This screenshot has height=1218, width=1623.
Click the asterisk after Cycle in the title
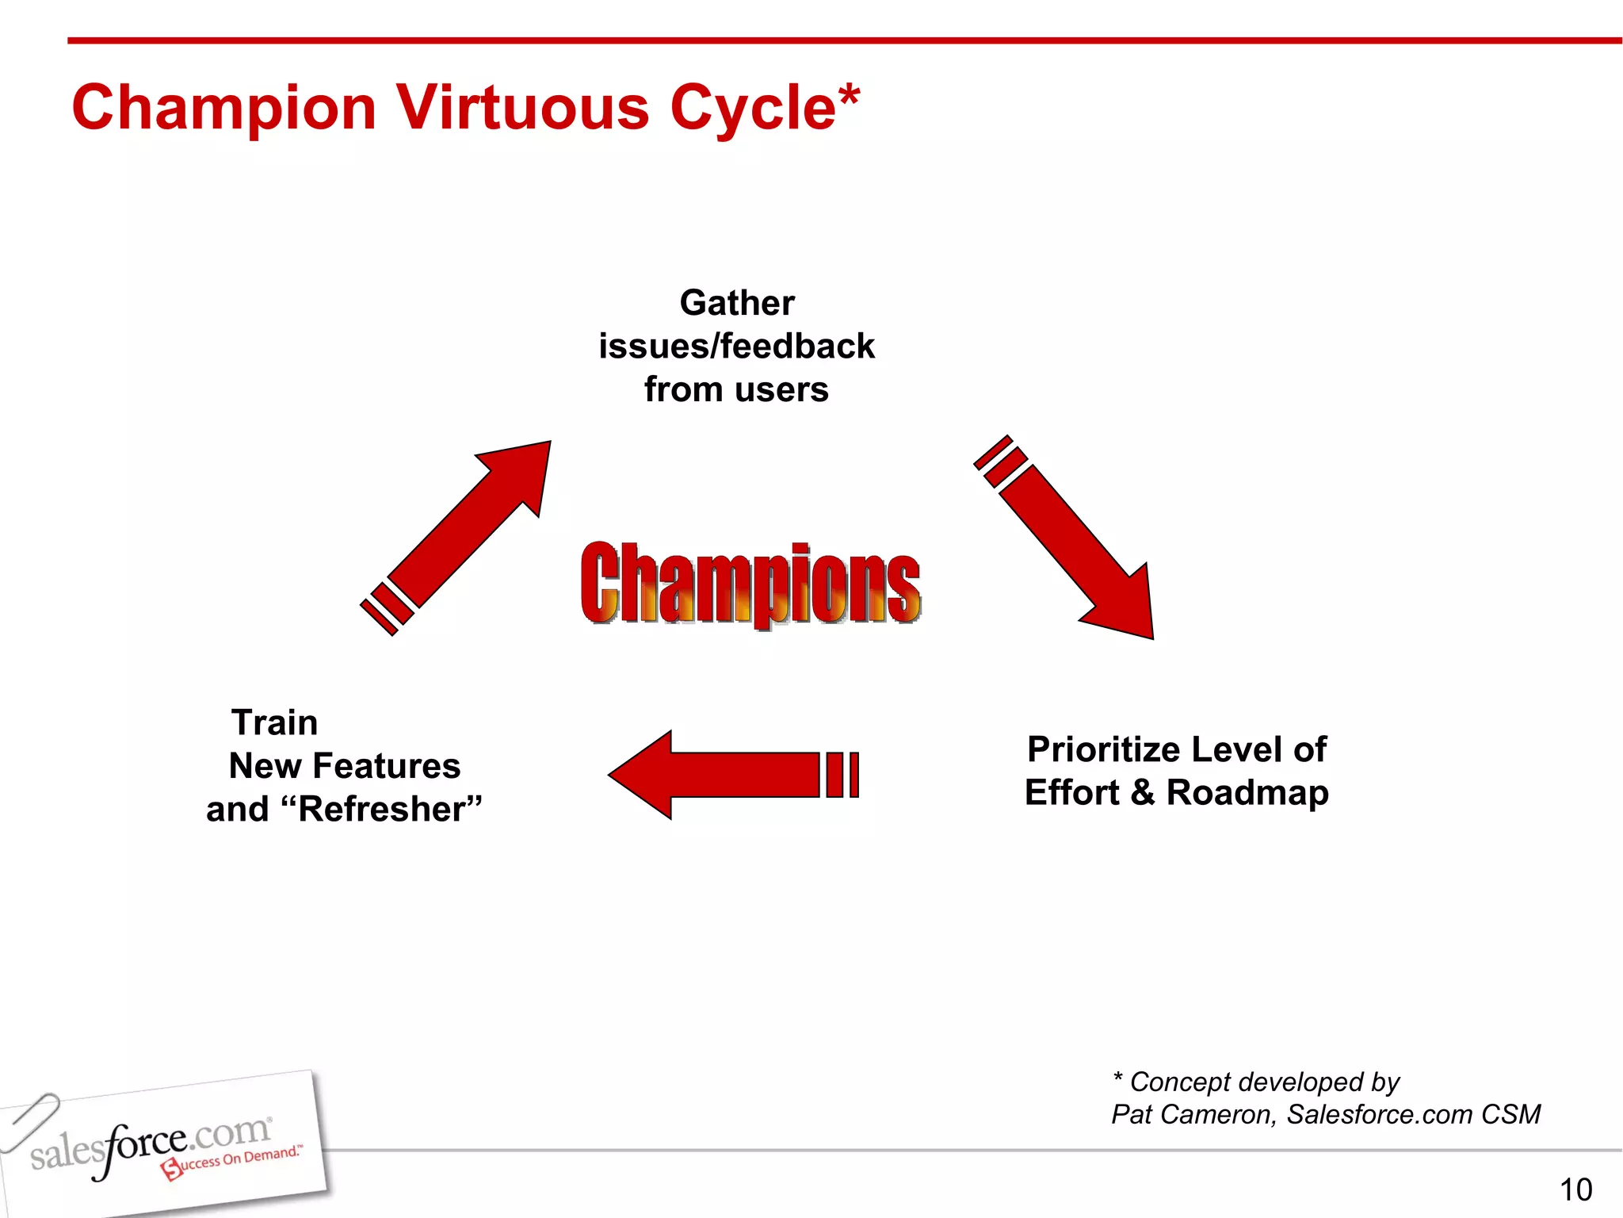848,95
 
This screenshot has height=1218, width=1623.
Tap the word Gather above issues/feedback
737,303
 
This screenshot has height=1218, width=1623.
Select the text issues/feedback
737,347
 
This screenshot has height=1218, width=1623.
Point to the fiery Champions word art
750,584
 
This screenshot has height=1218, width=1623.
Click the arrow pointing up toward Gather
468,531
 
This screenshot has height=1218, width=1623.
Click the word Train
274,722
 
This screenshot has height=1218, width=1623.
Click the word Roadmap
1247,793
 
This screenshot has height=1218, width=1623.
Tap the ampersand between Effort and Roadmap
1142,793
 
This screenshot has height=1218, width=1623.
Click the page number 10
1575,1189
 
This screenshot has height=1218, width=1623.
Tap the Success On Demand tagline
234,1161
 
